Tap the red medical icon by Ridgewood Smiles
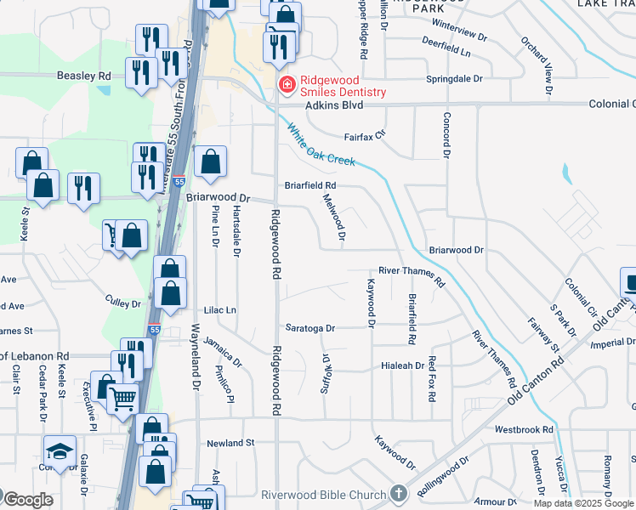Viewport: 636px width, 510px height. click(287, 84)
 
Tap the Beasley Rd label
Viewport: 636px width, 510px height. click(84, 76)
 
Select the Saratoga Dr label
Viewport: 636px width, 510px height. click(310, 327)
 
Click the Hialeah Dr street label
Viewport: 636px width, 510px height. click(401, 365)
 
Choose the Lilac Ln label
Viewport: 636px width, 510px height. click(219, 311)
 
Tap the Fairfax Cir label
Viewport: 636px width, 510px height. click(365, 134)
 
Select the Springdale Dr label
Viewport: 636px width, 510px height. click(454, 78)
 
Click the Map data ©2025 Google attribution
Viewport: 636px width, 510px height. click(584, 503)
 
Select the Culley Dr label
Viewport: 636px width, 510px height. click(123, 303)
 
